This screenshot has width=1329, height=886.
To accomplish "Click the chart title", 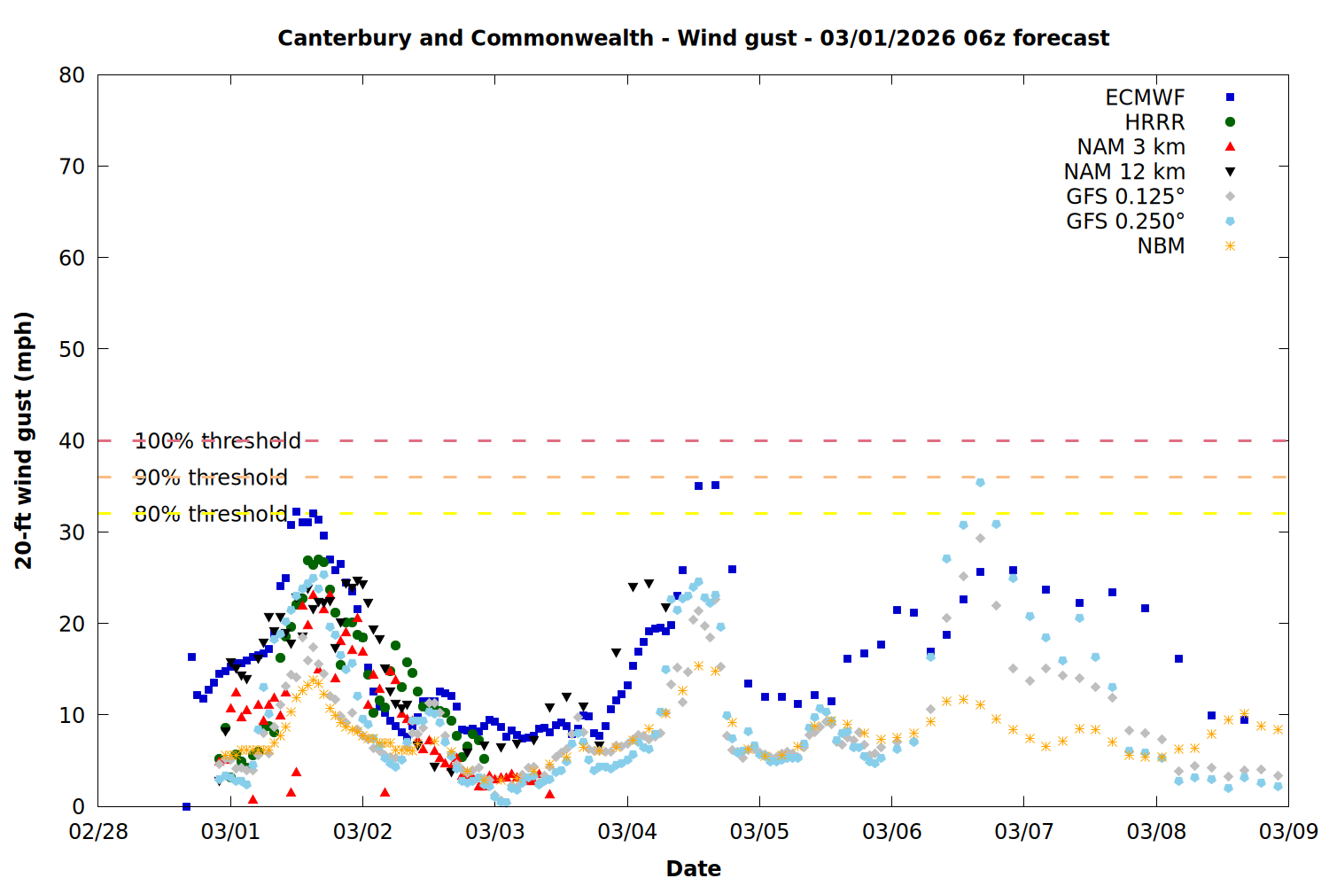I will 693,38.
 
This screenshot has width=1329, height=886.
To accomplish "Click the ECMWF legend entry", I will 1145,97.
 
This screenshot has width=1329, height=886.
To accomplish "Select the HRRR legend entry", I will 1154,122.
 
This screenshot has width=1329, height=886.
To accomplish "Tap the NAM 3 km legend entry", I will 1131,147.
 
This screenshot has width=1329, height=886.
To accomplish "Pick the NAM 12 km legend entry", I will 1124,172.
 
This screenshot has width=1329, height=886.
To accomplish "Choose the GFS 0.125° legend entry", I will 1125,197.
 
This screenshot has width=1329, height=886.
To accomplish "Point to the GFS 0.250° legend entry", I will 1125,221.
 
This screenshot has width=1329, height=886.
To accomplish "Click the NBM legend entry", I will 1161,246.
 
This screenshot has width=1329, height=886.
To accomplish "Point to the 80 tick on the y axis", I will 72,75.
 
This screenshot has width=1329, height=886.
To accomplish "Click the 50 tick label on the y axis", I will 72,349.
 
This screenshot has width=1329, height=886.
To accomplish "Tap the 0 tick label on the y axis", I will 78,806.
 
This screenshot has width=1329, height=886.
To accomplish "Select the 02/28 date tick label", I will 98,832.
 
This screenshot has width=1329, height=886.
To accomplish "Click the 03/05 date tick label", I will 759,832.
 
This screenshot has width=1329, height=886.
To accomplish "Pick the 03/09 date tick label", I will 1288,832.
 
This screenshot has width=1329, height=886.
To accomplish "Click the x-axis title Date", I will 693,868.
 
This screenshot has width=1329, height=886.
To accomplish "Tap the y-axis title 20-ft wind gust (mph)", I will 24,440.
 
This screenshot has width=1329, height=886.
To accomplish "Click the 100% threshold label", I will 217,441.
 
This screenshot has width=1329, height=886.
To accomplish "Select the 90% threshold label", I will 211,478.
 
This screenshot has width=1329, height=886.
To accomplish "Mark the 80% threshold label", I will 211,514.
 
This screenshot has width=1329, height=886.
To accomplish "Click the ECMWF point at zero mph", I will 186,806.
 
